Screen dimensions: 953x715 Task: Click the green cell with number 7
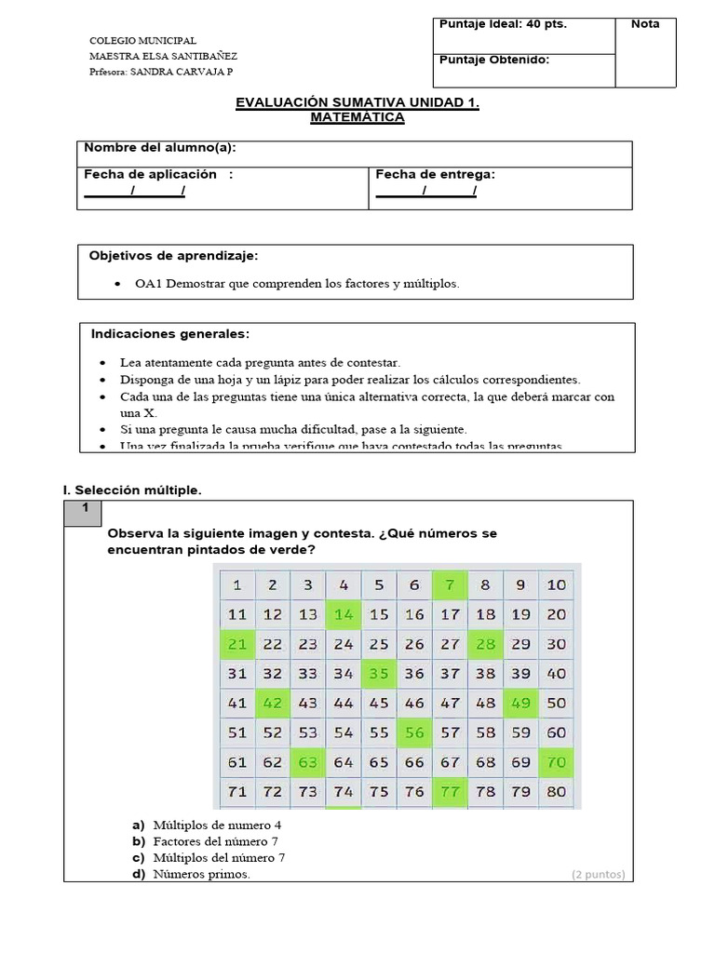(x=451, y=585)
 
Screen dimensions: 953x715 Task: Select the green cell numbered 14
(x=344, y=614)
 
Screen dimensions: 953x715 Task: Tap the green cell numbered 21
(x=236, y=644)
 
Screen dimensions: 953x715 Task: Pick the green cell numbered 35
(x=379, y=674)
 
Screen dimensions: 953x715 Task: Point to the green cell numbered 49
(x=520, y=704)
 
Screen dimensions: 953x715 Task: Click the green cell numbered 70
(x=557, y=762)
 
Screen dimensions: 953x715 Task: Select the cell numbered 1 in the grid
(x=236, y=585)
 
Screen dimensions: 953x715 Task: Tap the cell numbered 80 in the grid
(x=557, y=792)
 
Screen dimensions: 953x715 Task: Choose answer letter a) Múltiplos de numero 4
(x=139, y=825)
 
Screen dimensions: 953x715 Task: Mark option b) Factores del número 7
(x=139, y=841)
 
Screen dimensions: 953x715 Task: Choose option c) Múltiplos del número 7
(x=139, y=858)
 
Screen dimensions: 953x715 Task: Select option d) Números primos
(x=139, y=874)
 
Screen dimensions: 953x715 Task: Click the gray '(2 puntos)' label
(x=598, y=874)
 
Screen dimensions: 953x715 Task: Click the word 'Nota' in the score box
(x=645, y=24)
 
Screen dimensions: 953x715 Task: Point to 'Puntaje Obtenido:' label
(x=493, y=60)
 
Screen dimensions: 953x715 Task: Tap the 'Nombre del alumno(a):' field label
(x=160, y=148)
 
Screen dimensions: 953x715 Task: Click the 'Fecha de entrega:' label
(x=435, y=174)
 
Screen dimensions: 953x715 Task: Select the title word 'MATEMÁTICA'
(x=357, y=118)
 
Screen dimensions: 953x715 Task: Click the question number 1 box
(x=84, y=508)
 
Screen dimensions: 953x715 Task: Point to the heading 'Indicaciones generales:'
(x=170, y=333)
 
